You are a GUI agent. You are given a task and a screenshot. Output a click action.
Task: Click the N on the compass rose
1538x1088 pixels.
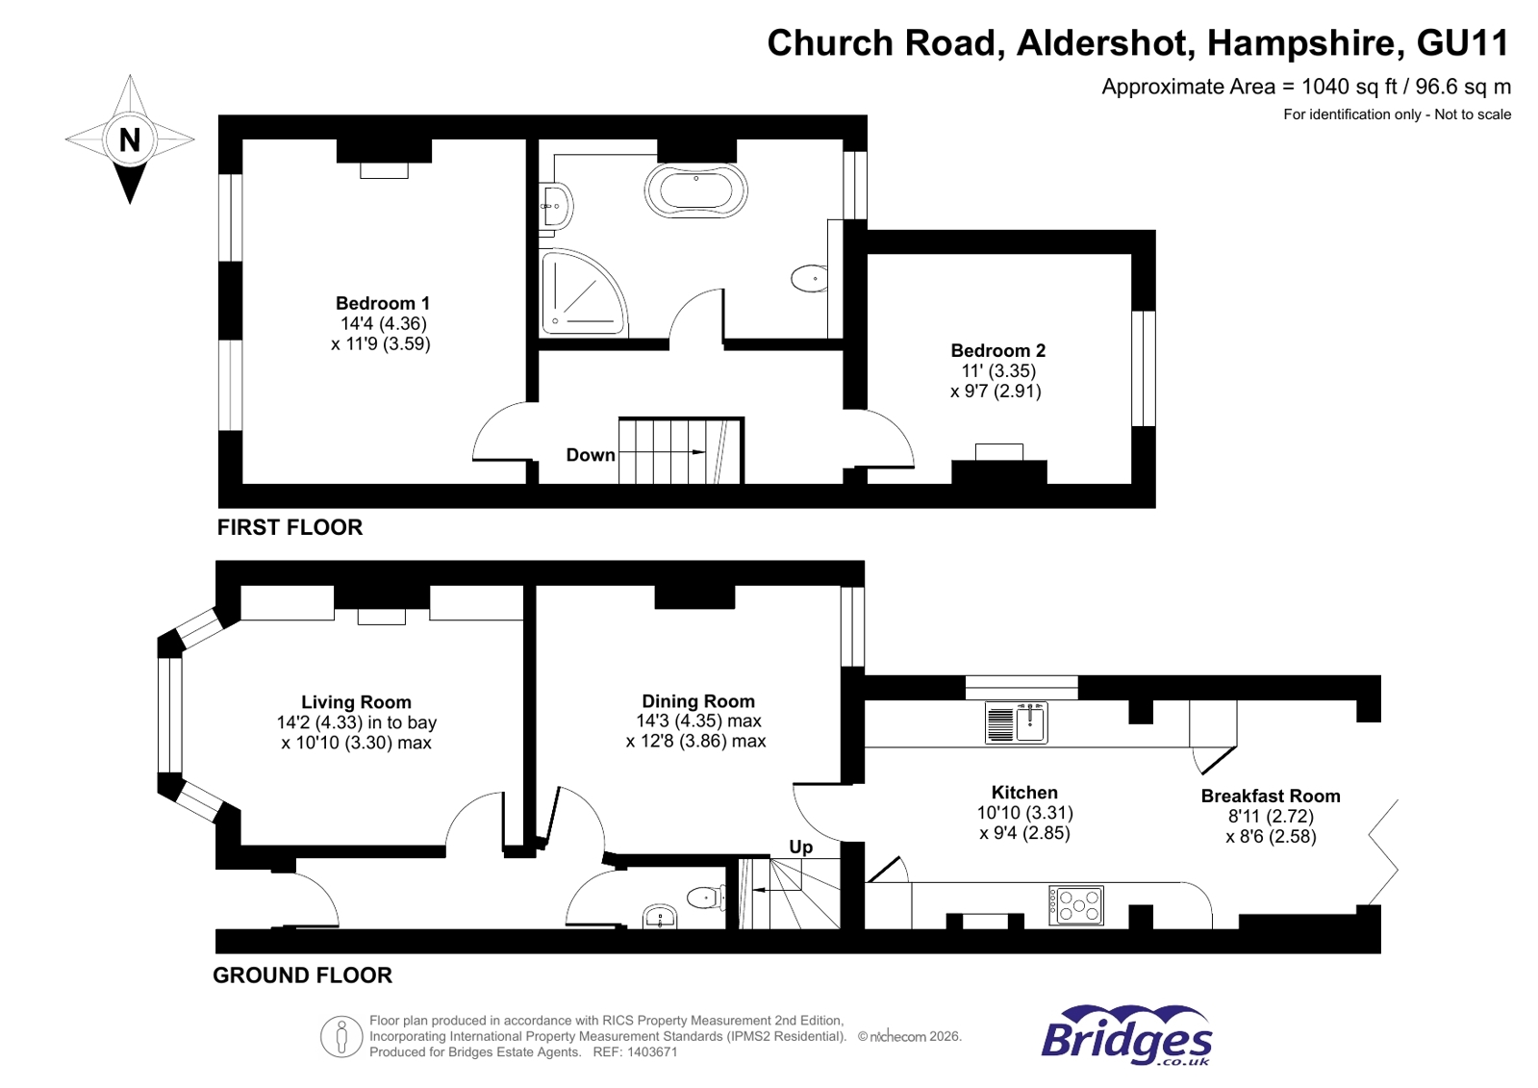tap(130, 140)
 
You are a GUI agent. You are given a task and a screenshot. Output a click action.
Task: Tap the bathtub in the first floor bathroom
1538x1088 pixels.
tap(695, 190)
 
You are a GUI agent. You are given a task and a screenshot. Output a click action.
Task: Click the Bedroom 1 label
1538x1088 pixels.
tap(382, 303)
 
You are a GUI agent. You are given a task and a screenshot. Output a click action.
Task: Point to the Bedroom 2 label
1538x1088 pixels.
tap(997, 351)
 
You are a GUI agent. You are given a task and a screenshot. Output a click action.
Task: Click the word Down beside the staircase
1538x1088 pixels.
tap(590, 455)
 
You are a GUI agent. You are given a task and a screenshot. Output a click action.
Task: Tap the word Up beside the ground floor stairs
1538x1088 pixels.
tap(800, 847)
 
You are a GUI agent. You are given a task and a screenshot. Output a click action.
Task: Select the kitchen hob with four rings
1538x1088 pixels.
tap(1076, 905)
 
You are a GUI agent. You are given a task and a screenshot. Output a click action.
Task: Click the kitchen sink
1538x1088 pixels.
tap(1017, 722)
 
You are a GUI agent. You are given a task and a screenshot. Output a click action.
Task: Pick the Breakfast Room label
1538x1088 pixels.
tap(1270, 796)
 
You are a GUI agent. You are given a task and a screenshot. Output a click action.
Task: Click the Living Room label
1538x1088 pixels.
tap(356, 702)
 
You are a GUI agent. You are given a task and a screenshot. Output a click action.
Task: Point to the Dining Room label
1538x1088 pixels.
tap(697, 701)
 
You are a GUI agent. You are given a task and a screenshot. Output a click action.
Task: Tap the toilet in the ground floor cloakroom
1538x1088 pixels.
tap(704, 898)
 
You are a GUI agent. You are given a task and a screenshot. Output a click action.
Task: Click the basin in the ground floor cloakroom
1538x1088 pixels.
tap(660, 916)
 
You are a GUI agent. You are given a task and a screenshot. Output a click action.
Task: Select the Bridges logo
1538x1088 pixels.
tap(1126, 1036)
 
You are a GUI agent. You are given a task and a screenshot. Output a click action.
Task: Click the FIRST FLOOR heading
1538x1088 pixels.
tap(290, 527)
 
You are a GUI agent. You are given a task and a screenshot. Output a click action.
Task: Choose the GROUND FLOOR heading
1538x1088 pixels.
tap(302, 975)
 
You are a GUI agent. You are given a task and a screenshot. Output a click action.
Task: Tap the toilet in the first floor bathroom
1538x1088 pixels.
tap(809, 279)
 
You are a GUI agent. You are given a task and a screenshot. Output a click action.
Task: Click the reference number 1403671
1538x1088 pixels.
tap(652, 1052)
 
